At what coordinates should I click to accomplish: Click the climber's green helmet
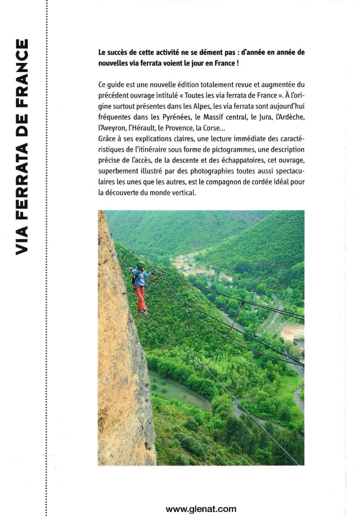tap(141, 265)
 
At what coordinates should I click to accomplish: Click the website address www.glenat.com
tap(200, 509)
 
